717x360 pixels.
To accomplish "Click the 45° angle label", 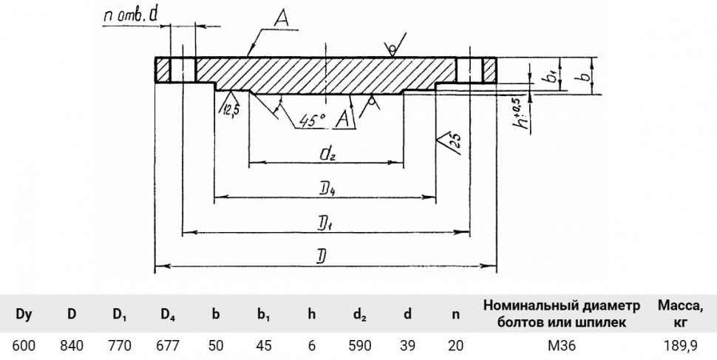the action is click(x=313, y=120).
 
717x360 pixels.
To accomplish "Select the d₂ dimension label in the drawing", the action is click(x=328, y=154).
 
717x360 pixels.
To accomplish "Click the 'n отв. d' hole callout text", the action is click(x=131, y=16).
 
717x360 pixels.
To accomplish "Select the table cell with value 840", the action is click(x=72, y=345).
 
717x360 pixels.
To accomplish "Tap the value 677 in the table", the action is click(x=168, y=345).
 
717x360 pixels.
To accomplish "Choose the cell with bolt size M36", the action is click(x=562, y=345).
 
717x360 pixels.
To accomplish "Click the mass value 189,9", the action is click(x=681, y=346).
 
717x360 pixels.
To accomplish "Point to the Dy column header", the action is click(x=24, y=315).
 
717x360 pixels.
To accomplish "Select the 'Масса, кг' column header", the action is click(x=681, y=314).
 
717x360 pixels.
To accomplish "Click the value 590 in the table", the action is click(x=359, y=345).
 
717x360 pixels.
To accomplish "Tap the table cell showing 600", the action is click(x=24, y=345).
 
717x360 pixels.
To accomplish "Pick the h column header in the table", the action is click(x=311, y=314).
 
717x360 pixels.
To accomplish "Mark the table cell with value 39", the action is click(x=407, y=345).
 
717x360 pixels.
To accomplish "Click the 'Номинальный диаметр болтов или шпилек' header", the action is click(x=562, y=314).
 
